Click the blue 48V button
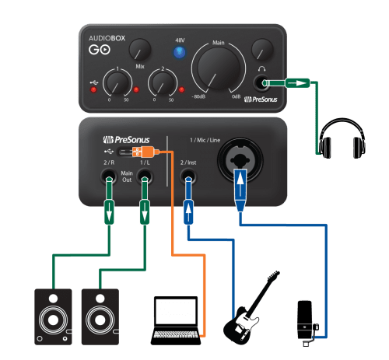[180, 52]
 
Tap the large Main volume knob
[219, 68]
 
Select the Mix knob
[140, 50]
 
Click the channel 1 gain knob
[117, 83]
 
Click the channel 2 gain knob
[163, 83]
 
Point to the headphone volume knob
[262, 50]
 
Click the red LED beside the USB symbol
[93, 89]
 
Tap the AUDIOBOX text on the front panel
[107, 38]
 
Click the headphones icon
[342, 138]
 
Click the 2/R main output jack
[109, 177]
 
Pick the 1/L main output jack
[145, 177]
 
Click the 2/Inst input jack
[188, 177]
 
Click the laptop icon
[176, 320]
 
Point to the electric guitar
[251, 309]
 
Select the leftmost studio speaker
[53, 316]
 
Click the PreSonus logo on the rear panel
[126, 140]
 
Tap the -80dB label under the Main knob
[198, 96]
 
